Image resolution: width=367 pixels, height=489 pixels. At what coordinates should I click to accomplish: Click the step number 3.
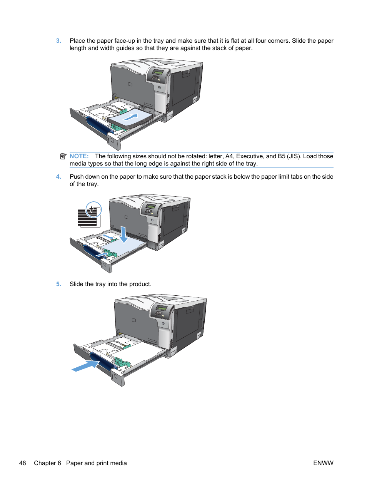[x=58, y=41]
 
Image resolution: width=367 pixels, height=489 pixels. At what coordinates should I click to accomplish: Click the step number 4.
[x=58, y=177]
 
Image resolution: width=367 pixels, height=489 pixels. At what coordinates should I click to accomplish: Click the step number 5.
[x=58, y=284]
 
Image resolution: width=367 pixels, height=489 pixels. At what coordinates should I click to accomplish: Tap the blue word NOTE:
[x=79, y=156]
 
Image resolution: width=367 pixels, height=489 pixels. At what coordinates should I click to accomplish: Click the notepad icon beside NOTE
[x=63, y=156]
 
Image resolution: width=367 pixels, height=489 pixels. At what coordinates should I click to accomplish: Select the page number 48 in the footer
[x=23, y=463]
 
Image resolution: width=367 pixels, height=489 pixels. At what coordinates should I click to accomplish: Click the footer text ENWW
[x=323, y=463]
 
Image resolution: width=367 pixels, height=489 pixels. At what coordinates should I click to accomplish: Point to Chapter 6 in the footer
[x=47, y=463]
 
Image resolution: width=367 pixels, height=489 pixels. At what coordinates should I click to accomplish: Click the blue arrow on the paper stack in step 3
[x=131, y=117]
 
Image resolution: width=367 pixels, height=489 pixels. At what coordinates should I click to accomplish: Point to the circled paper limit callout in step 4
[x=93, y=210]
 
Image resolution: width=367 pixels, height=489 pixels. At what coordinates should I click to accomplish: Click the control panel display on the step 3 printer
[x=158, y=72]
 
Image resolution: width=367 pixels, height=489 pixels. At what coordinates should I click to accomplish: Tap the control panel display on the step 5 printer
[x=162, y=308]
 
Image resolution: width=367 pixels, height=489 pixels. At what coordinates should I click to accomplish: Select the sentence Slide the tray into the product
[x=110, y=284]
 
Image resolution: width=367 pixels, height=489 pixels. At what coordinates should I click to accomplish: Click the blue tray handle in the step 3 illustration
[x=98, y=126]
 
